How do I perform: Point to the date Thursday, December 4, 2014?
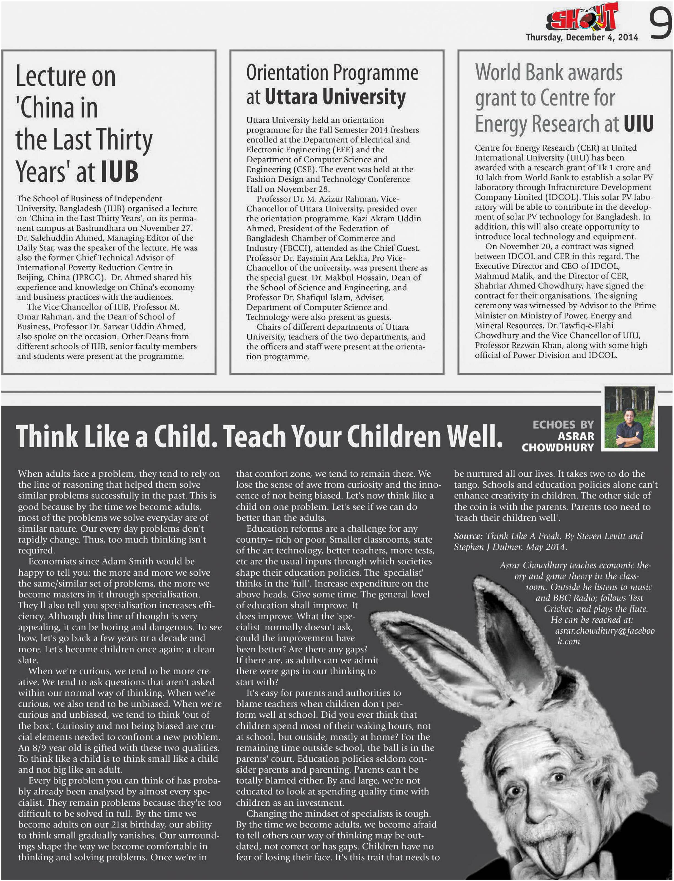click(x=582, y=37)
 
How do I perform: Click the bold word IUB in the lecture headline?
click(x=120, y=171)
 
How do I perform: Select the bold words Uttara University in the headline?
click(x=335, y=97)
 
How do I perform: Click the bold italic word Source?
click(x=468, y=536)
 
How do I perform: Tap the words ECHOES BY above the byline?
click(x=563, y=424)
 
